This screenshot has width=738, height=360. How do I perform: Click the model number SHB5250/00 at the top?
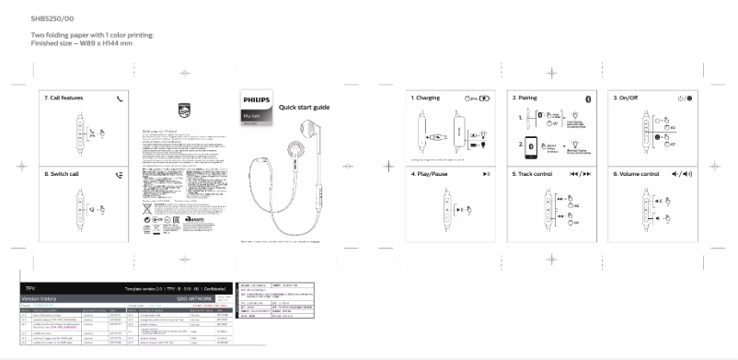tap(52, 17)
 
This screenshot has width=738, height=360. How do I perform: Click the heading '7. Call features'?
tap(64, 97)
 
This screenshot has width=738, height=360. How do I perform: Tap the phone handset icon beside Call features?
tap(120, 97)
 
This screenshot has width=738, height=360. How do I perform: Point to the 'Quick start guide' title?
tap(304, 107)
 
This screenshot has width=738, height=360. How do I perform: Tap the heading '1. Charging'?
tap(425, 97)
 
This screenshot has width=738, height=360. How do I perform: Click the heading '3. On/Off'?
tap(628, 97)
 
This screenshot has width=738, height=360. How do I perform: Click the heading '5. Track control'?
tap(533, 173)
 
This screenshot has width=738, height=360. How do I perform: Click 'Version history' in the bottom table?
tap(41, 298)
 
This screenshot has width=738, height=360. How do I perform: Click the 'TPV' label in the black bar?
tap(28, 288)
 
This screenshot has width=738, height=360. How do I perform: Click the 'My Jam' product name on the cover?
tap(250, 116)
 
